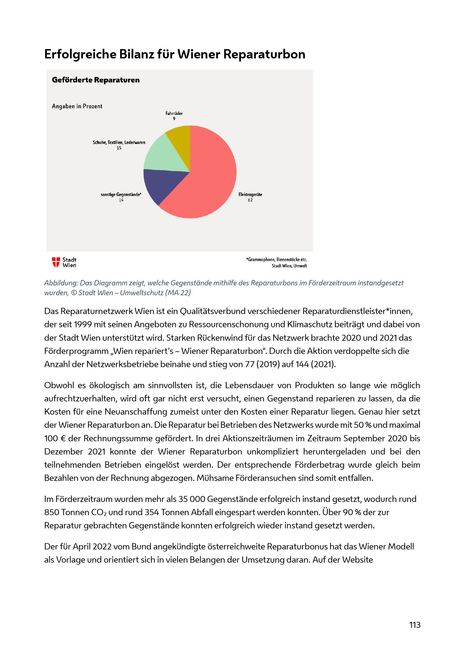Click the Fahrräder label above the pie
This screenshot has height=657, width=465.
[x=174, y=113]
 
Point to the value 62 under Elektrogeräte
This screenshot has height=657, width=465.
[x=250, y=200]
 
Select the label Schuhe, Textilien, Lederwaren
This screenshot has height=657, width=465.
[x=119, y=142]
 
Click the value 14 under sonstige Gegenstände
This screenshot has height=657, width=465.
[x=121, y=200]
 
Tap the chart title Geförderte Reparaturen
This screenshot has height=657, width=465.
[x=96, y=80]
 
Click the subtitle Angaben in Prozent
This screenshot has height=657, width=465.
[x=77, y=106]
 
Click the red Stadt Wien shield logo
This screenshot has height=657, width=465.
[x=56, y=262]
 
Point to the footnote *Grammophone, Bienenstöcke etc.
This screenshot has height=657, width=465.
[x=276, y=260]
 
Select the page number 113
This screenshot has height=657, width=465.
[x=415, y=625]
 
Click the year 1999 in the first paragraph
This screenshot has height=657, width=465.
[x=82, y=324]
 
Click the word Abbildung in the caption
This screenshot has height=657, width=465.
[x=61, y=283]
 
